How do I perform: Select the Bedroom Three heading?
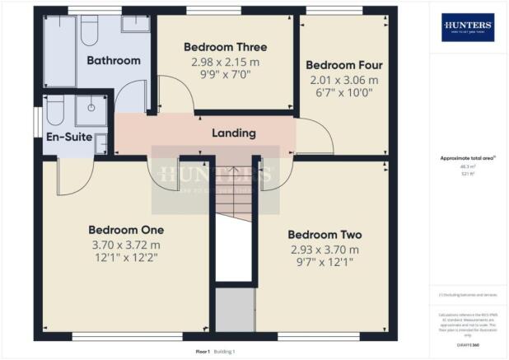(225, 47)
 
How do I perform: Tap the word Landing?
(234, 133)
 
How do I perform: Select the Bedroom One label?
(126, 229)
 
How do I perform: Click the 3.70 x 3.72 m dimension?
(126, 245)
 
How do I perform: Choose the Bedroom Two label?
(325, 234)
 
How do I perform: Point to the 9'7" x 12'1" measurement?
(325, 264)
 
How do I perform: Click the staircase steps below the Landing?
(235, 202)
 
